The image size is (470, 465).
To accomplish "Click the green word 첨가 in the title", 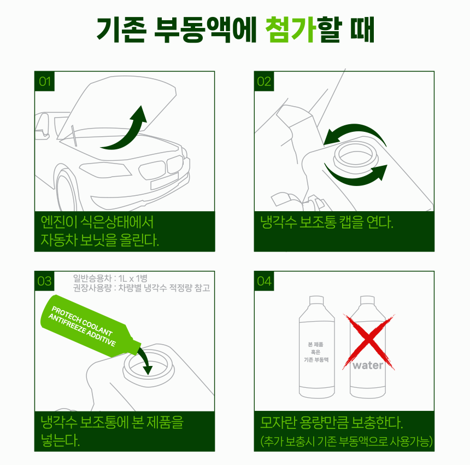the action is (x=290, y=30).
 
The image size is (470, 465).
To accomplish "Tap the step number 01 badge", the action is (x=45, y=82).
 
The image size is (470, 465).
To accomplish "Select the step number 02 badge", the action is (x=264, y=82).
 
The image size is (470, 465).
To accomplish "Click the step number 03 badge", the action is (x=44, y=281).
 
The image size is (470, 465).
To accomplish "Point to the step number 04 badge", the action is (x=264, y=281).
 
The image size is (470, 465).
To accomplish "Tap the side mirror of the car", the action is (x=42, y=126).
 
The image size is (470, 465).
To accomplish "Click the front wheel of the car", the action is (x=66, y=192).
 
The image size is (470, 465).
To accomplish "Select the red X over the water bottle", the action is (x=369, y=342).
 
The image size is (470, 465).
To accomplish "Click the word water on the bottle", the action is (x=368, y=365).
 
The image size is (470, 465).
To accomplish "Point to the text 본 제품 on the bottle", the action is (x=316, y=345).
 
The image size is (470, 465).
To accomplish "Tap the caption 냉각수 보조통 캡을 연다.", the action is (x=326, y=222).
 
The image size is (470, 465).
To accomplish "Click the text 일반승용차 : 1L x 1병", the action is (x=110, y=278).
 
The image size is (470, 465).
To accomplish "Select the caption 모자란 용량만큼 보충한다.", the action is (x=331, y=422).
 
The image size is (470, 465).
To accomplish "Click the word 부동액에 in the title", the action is (x=205, y=30).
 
